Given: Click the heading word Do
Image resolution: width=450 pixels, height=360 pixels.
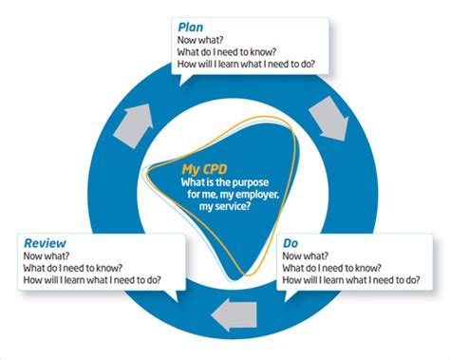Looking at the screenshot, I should (x=291, y=244).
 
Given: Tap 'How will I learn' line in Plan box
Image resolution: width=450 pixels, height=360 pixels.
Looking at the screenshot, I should (x=246, y=65).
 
